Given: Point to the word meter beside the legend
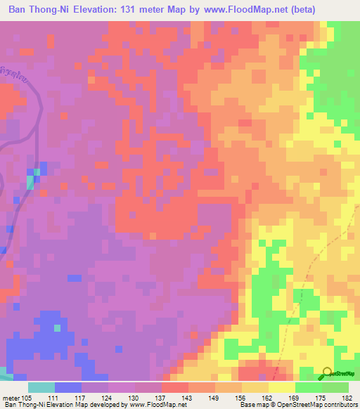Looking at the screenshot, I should point(11,398).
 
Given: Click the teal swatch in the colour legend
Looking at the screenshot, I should point(41,387).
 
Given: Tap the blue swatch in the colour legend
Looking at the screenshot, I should point(68,387).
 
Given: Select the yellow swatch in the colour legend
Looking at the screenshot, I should point(282,387).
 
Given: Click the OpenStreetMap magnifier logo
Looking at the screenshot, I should point(327,374).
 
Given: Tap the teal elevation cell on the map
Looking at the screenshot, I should point(30,182).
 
